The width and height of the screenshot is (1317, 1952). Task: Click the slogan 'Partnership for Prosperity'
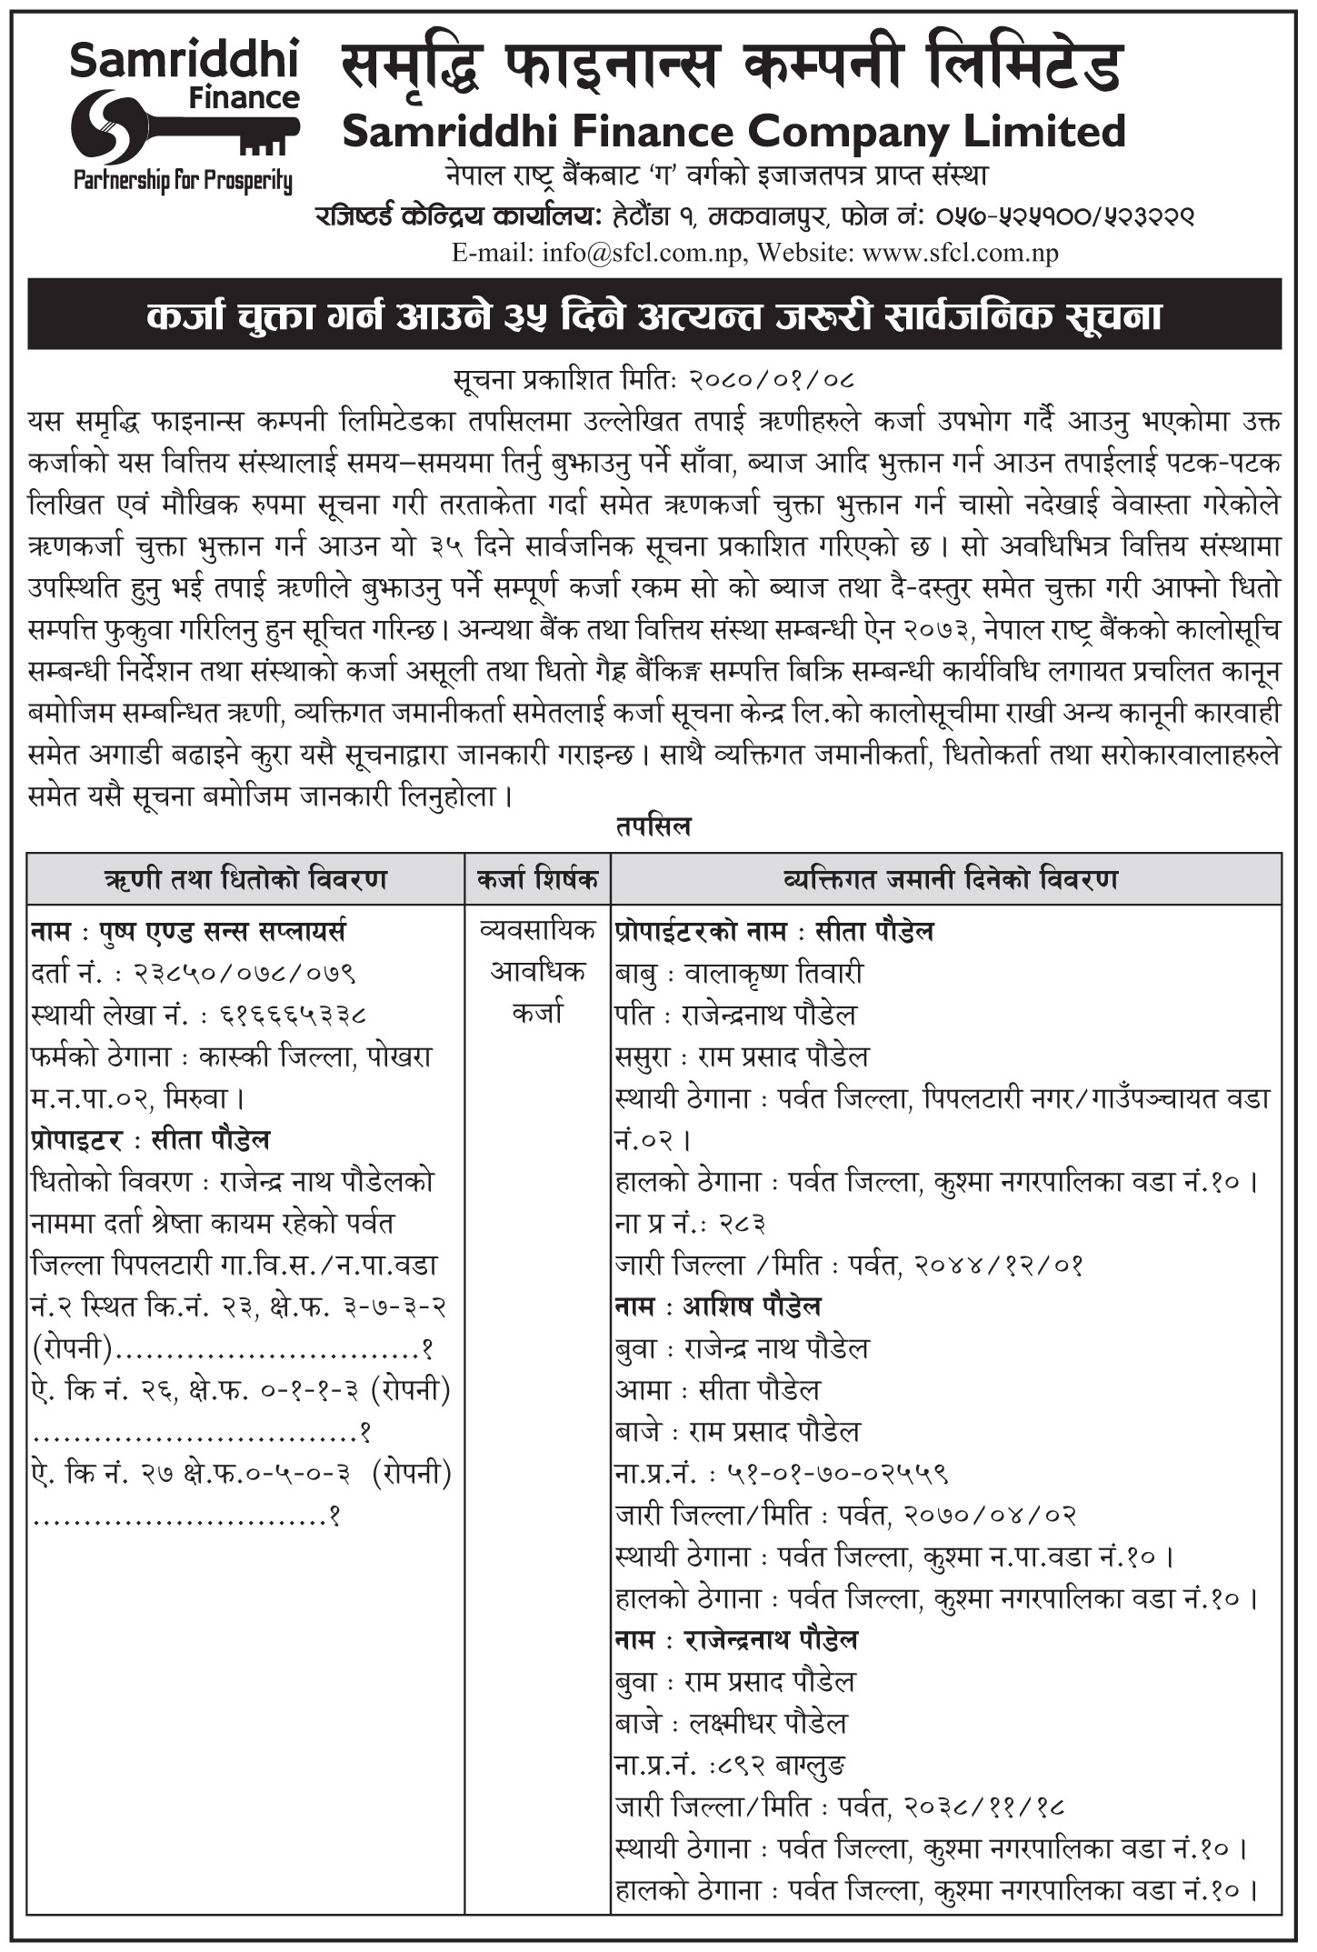point(183,181)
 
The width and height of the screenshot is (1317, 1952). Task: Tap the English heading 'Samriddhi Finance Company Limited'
point(733,132)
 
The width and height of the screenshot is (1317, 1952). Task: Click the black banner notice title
point(654,315)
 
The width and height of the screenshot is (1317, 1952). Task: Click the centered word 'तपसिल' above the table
point(654,826)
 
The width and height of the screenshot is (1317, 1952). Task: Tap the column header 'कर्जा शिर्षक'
point(537,880)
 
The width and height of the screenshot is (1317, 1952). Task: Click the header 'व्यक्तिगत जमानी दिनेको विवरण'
point(945,880)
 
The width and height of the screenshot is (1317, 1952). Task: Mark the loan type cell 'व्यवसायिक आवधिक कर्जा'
point(537,971)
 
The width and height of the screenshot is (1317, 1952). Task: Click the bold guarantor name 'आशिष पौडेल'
point(752,1306)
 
